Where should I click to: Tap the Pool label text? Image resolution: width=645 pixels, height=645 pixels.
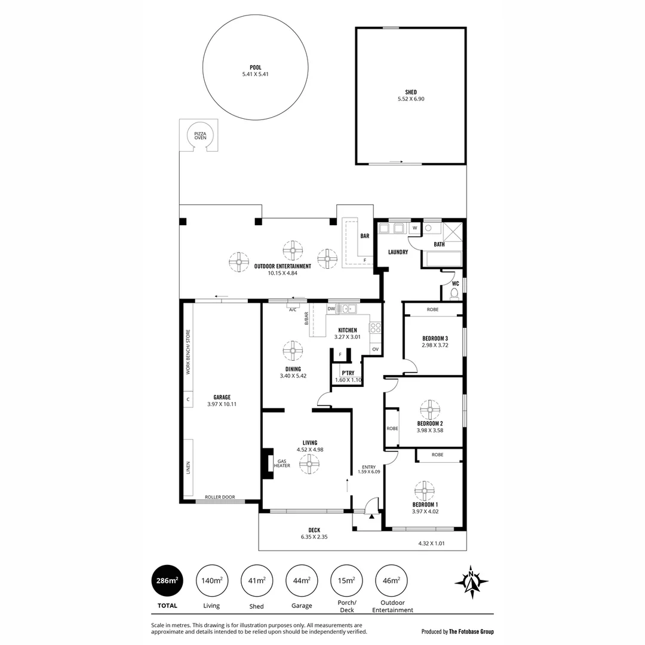[x=256, y=67]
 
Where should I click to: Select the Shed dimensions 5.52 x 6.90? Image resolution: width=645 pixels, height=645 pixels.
[x=411, y=99]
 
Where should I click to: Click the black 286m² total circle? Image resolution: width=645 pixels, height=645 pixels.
[x=168, y=580]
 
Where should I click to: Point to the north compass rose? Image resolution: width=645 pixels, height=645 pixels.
[x=471, y=581]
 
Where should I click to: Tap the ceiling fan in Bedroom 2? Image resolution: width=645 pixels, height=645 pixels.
[x=429, y=410]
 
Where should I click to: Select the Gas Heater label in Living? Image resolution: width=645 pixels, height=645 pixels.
[x=282, y=463]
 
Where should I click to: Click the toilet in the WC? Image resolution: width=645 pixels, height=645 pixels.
[x=454, y=293]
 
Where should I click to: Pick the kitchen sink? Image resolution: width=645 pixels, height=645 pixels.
[x=346, y=309]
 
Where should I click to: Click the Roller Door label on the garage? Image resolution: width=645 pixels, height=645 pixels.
[x=220, y=497]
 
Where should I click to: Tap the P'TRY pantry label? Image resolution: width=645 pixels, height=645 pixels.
[x=340, y=373]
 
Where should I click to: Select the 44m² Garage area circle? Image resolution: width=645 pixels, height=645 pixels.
[x=302, y=580]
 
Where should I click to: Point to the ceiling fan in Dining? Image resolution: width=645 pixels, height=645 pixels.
[x=293, y=351]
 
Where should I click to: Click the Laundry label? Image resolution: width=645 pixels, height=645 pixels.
[x=398, y=252]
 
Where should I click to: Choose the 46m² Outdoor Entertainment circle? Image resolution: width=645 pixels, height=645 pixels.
[x=392, y=580]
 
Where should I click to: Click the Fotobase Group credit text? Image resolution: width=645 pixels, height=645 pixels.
[x=457, y=631]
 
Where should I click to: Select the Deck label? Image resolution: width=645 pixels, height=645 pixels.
[x=314, y=530]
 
